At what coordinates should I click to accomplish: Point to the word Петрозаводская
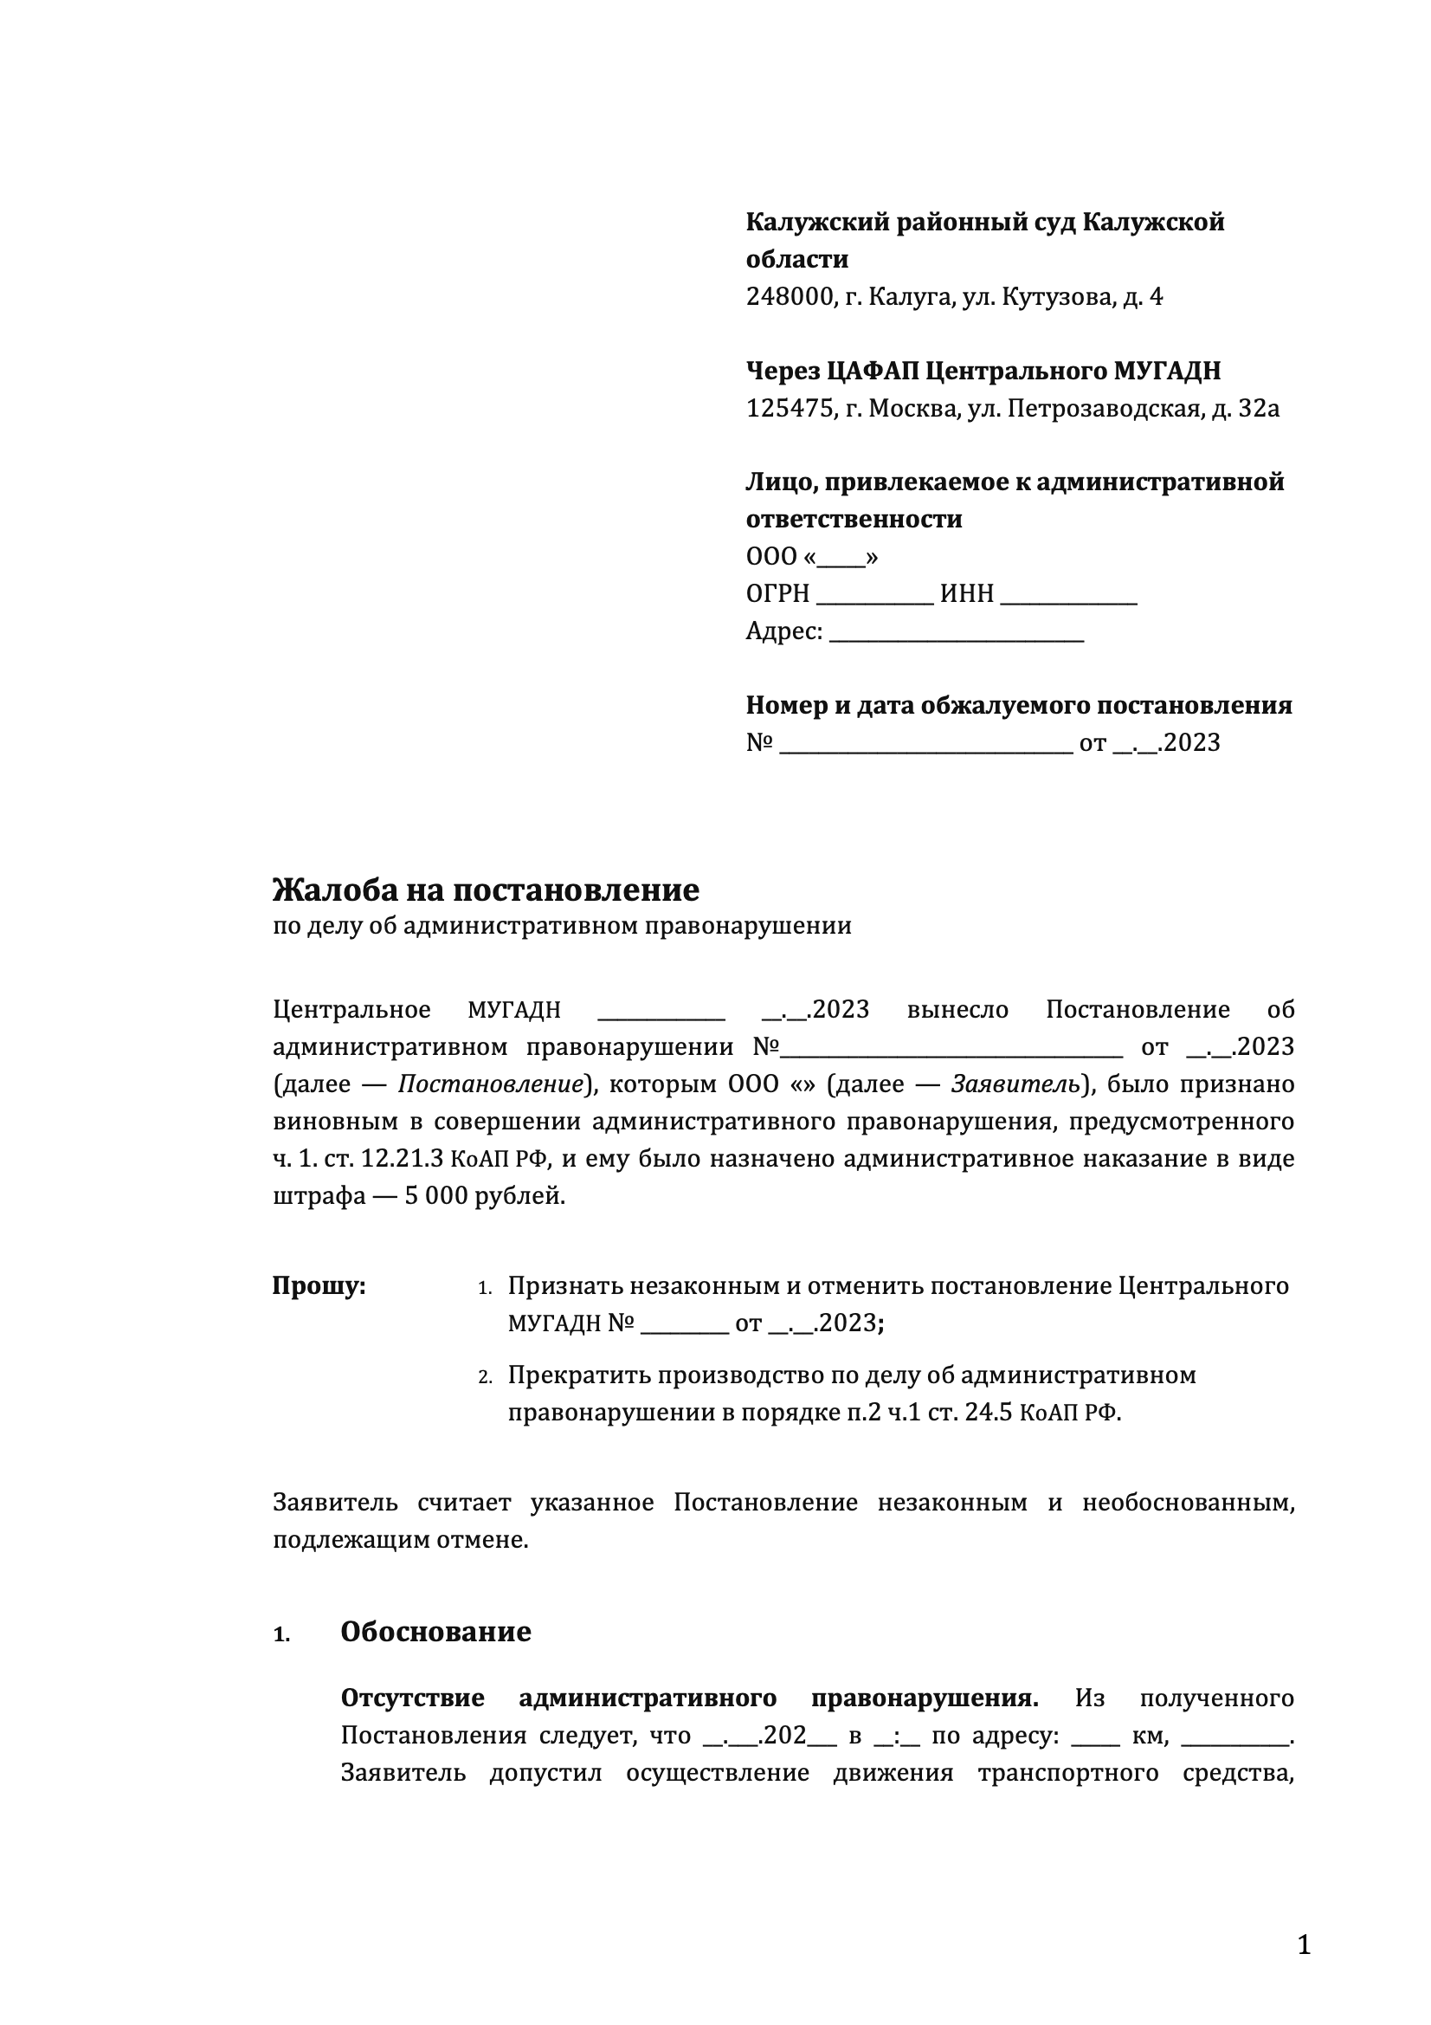[x=1105, y=409]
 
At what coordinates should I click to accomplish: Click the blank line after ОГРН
[x=874, y=595]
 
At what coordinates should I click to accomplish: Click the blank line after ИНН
[x=1068, y=595]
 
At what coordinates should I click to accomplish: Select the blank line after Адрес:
[x=957, y=632]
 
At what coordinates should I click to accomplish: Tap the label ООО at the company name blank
[x=770, y=558]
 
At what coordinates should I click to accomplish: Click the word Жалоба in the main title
[x=334, y=890]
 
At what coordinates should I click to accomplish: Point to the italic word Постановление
[x=491, y=1084]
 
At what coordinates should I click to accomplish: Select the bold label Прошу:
[x=319, y=1287]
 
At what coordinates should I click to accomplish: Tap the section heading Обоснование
[x=435, y=1632]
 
